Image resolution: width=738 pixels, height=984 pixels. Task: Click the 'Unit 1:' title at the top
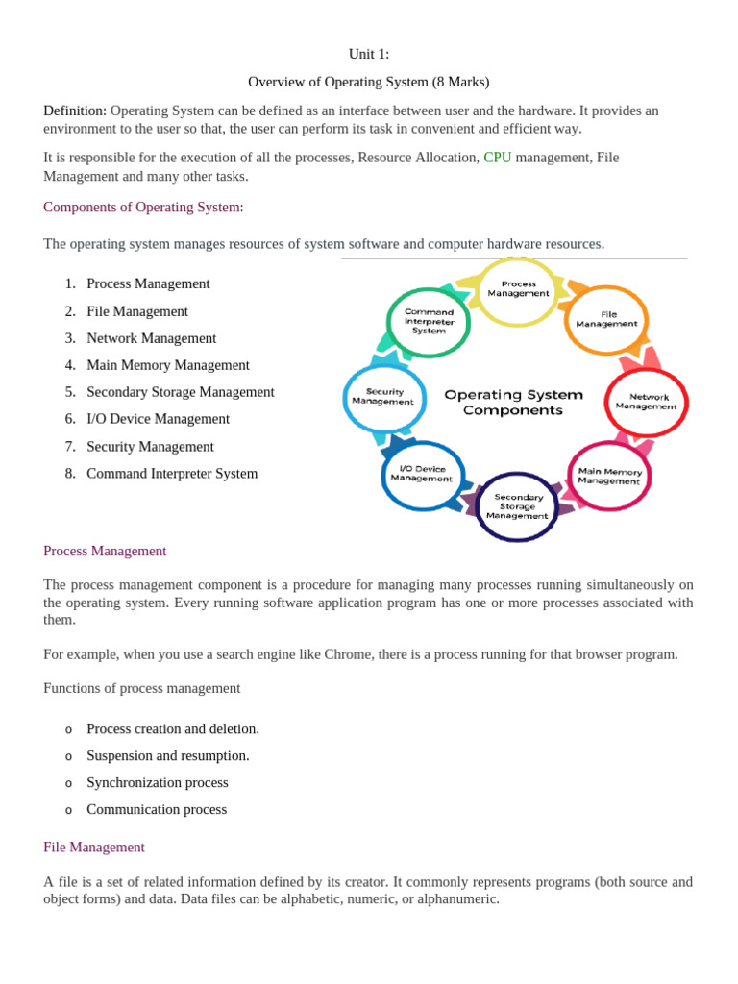(x=369, y=54)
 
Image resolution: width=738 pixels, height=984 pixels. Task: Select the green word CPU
(x=497, y=158)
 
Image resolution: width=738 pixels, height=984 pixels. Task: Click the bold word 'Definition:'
(x=75, y=111)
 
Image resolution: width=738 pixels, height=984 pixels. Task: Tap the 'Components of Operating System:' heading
(x=143, y=208)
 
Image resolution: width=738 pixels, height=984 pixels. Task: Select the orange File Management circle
(x=606, y=319)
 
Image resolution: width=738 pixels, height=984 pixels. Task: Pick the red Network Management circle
(x=646, y=402)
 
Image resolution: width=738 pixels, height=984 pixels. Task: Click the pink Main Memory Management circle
(x=609, y=476)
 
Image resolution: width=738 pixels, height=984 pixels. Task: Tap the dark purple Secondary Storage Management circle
(x=518, y=506)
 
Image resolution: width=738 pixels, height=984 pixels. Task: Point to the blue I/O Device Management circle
(x=422, y=474)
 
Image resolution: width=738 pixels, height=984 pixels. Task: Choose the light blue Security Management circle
(x=383, y=397)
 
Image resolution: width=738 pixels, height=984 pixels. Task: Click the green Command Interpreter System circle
(x=429, y=322)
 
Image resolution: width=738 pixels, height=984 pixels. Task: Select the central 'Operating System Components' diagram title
(x=513, y=403)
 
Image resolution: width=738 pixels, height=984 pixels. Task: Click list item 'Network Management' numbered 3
(x=151, y=338)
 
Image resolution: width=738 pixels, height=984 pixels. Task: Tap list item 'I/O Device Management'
(x=158, y=419)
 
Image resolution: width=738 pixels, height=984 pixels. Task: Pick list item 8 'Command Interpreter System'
(x=172, y=473)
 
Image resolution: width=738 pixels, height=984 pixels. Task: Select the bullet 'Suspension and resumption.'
(x=168, y=755)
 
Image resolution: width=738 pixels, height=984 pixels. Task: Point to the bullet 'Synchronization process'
(x=158, y=782)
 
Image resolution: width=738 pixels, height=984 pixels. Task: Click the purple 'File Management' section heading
(x=94, y=848)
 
